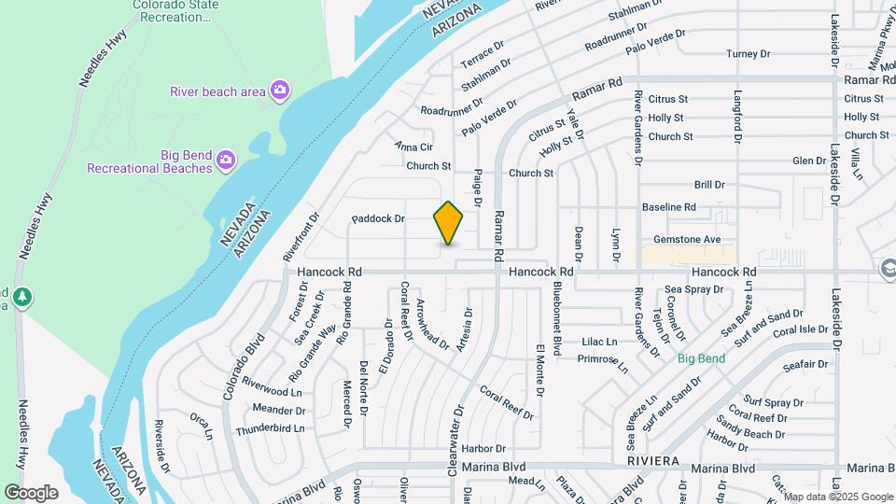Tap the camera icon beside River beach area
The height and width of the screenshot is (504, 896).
(279, 91)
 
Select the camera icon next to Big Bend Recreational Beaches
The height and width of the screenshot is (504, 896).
(225, 161)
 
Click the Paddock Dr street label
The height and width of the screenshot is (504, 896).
(378, 219)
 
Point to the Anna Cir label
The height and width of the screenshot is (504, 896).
(413, 147)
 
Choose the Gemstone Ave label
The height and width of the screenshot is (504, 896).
(687, 240)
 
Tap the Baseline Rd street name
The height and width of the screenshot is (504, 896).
(669, 207)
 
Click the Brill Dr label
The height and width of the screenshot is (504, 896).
(709, 186)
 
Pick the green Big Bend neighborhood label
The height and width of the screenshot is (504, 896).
(701, 358)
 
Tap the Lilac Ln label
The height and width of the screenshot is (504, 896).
(599, 343)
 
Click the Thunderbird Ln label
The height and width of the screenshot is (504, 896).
(270, 428)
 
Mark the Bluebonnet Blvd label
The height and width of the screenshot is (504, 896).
(556, 317)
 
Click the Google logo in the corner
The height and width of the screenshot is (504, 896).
(31, 492)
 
